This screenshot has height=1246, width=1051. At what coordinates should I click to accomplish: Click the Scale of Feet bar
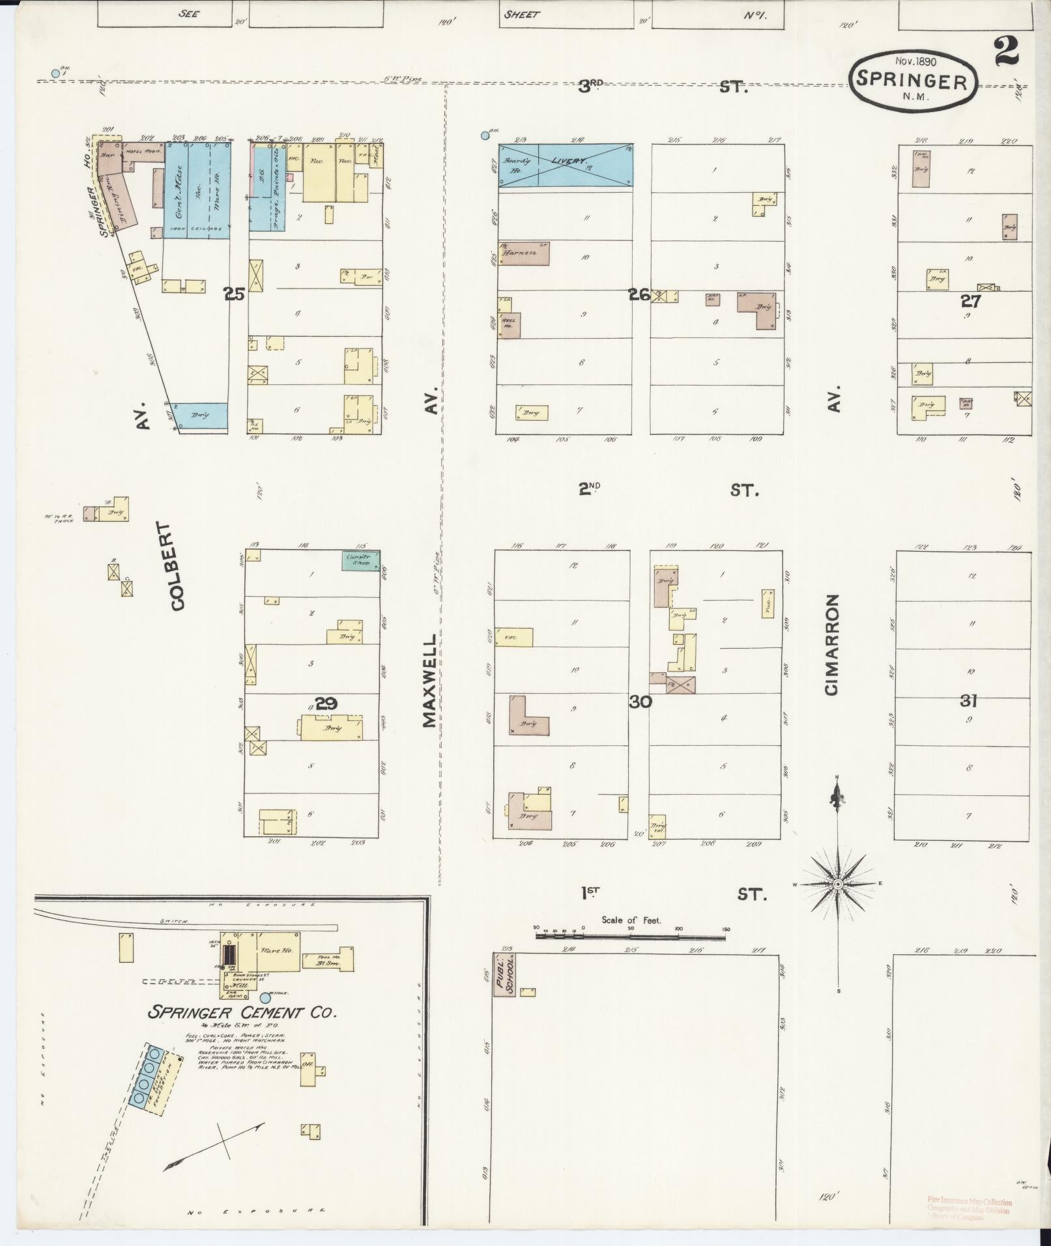(630, 937)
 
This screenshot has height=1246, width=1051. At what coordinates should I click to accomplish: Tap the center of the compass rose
(838, 884)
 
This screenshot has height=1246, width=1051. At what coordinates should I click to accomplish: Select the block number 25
(234, 294)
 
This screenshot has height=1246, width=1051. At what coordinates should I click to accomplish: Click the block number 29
(325, 703)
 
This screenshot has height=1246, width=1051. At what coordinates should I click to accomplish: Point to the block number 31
(968, 701)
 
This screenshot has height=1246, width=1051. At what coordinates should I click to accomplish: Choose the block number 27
(971, 301)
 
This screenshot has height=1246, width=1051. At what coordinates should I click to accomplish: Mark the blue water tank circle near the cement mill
(265, 997)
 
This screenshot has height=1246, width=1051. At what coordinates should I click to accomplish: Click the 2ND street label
(590, 489)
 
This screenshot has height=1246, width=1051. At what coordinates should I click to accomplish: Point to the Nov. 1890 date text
(915, 61)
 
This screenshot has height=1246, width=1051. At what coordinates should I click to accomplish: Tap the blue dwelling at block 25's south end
(200, 416)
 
